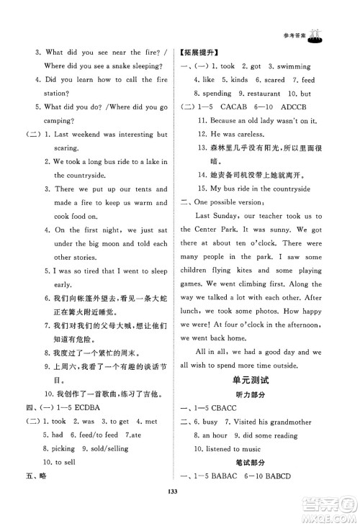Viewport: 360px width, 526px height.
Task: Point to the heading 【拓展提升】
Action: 199,52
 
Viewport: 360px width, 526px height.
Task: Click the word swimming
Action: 305,65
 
